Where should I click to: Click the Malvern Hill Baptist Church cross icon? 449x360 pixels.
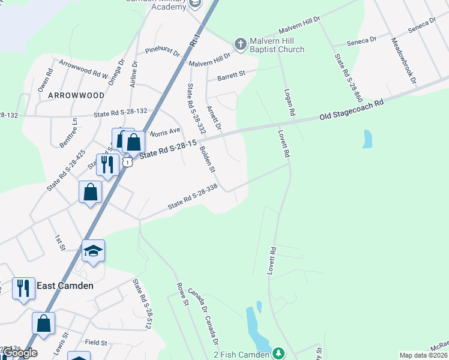pos(240,43)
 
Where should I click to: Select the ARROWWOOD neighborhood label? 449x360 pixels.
pos(76,95)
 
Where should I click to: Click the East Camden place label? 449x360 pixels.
pos(65,286)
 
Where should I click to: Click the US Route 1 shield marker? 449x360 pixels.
pos(127,162)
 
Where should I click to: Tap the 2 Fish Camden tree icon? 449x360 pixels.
pos(278,354)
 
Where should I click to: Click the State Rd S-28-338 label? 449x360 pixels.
pos(192,197)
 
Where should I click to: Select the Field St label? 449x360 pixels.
pos(96,343)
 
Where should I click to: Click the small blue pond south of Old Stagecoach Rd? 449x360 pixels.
pos(367,139)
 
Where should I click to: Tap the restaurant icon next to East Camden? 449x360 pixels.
pos(23,288)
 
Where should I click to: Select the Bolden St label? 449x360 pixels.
pos(208,158)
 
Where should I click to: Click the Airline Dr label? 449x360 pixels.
pos(133,74)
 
